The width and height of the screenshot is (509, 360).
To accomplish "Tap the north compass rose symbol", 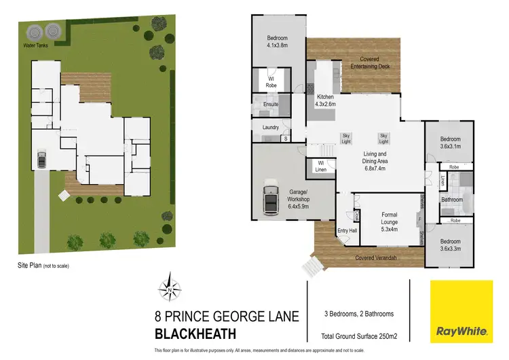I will [x=169, y=290].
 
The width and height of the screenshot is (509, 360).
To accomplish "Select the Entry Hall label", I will [x=347, y=232].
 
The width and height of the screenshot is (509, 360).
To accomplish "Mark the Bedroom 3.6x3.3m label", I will [x=451, y=245].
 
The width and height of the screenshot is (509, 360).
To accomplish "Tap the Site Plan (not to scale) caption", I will [x=43, y=266].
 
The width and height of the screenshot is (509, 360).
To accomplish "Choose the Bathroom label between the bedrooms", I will [x=451, y=200].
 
